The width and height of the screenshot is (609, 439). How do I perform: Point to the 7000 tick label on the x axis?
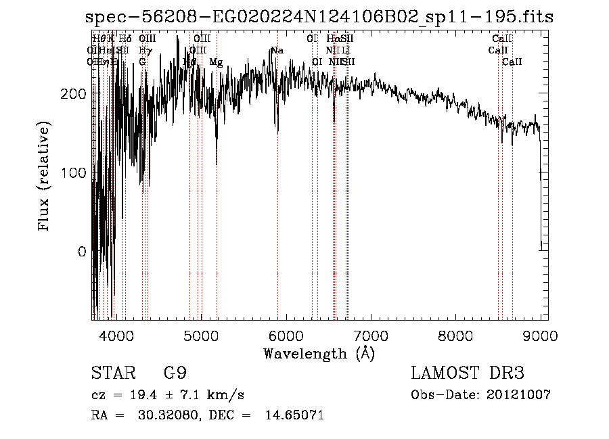point(371,335)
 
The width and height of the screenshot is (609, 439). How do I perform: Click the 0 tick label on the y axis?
point(81,252)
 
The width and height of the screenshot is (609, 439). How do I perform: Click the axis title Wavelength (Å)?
point(319,353)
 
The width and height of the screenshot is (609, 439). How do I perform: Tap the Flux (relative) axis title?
point(45,177)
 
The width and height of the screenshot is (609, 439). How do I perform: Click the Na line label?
point(277,50)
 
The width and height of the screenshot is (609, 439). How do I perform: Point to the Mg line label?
point(216,62)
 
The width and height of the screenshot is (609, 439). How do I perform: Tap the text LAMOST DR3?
point(468,373)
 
